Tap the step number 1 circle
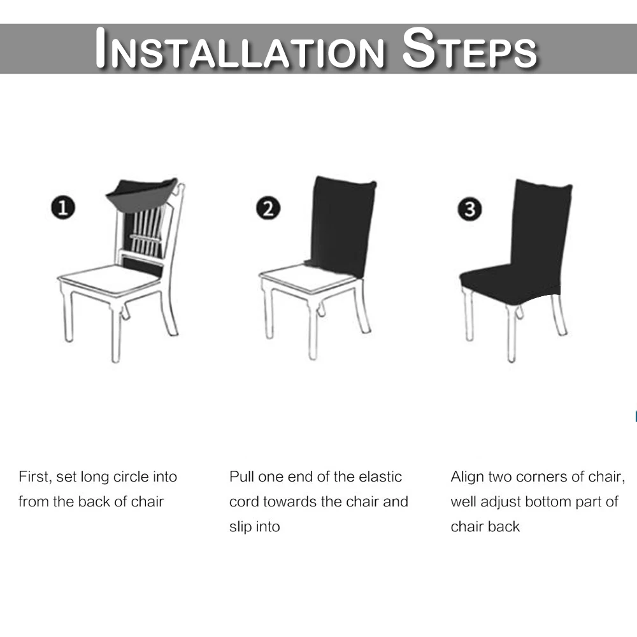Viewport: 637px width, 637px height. (63, 207)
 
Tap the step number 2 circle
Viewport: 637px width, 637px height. (268, 208)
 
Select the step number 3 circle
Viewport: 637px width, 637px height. (469, 209)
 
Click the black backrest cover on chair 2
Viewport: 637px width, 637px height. (342, 225)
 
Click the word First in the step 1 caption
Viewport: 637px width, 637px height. (35, 477)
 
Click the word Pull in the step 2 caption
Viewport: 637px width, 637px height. (241, 477)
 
